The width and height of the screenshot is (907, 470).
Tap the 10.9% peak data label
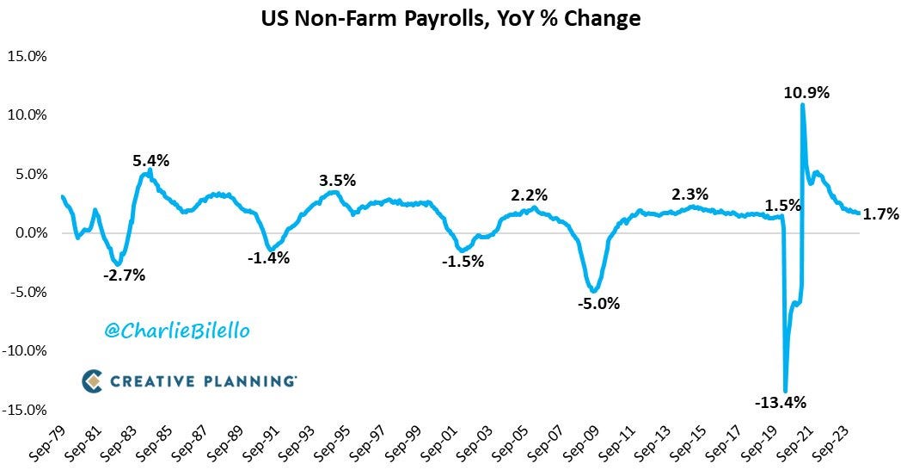click(806, 92)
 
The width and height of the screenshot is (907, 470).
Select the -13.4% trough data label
click(781, 402)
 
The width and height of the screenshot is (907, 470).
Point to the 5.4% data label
click(151, 160)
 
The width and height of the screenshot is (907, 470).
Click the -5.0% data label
click(598, 303)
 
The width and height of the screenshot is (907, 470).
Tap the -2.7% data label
click(124, 275)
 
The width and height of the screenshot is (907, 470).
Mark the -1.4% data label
click(268, 257)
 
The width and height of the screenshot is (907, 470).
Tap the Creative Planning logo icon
click(92, 380)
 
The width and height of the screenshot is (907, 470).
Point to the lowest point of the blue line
click(785, 391)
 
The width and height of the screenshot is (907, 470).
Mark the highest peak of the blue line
click(802, 105)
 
